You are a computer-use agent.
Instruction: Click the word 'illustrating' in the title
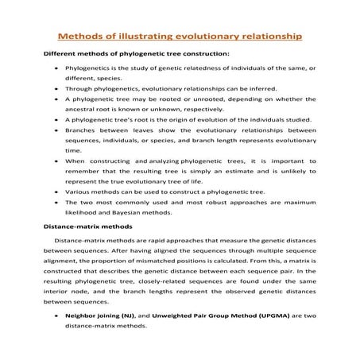(155, 36)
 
